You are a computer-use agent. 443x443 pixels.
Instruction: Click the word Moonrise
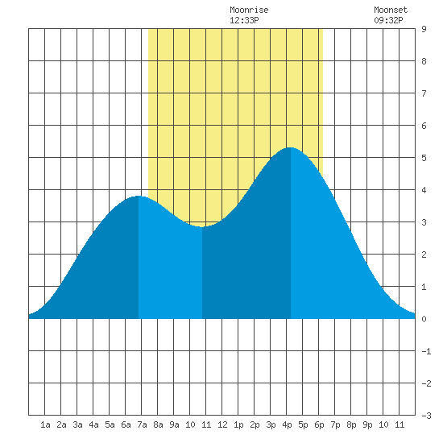(249, 10)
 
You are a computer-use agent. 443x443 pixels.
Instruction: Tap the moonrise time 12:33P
(244, 20)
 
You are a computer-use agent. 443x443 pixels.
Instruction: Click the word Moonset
(391, 10)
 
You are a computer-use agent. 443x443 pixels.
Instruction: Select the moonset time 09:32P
(388, 20)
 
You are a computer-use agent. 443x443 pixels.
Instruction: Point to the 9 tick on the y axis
(424, 29)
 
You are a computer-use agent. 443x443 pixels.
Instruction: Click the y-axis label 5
(424, 158)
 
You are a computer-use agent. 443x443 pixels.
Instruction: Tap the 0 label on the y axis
(424, 319)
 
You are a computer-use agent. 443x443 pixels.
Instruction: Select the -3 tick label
(426, 416)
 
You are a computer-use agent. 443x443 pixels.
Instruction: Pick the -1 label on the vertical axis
(426, 351)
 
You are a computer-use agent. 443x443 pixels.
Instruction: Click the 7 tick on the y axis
(424, 93)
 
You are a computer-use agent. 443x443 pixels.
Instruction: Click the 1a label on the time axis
(45, 424)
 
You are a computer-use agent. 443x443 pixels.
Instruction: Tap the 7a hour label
(142, 424)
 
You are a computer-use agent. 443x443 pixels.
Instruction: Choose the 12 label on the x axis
(222, 424)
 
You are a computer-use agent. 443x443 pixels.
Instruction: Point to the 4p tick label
(287, 424)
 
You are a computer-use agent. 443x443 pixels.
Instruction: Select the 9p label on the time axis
(367, 424)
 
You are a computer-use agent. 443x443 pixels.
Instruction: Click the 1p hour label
(238, 424)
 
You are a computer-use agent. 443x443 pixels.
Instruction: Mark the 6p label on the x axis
(319, 424)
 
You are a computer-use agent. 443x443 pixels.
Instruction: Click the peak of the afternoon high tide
(291, 147)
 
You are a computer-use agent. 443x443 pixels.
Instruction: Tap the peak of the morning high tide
(139, 196)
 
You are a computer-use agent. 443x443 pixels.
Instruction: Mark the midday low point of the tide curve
(202, 227)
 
